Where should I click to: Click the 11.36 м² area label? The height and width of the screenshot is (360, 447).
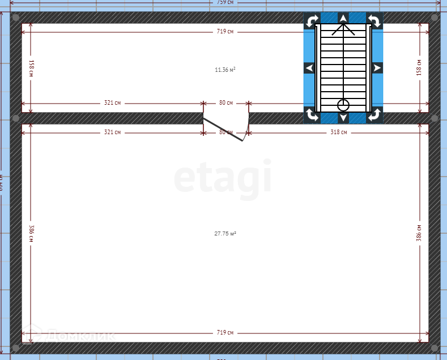pos(225,70)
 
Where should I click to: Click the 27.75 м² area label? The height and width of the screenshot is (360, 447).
pos(225,233)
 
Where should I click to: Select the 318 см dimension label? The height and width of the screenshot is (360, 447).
pos(339,132)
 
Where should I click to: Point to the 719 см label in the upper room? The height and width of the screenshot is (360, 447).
pos(225,32)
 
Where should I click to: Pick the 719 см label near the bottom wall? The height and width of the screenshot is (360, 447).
pos(225,332)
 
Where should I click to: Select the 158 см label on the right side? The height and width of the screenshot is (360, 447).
pos(419,68)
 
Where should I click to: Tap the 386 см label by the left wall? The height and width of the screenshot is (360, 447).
pos(31,233)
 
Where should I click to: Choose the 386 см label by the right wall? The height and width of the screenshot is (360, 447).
pos(419,233)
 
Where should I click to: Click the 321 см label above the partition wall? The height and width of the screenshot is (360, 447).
pos(112,103)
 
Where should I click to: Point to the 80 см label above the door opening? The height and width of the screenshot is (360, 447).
pos(225,103)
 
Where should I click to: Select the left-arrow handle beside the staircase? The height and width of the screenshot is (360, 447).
pos(309,68)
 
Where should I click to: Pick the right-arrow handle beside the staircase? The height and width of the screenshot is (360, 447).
pos(377,68)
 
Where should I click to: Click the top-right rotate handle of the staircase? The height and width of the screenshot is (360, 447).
pos(374,21)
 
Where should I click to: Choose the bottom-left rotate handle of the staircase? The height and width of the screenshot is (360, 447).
pos(312,115)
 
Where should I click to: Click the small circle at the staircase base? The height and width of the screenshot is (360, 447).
pos(343,105)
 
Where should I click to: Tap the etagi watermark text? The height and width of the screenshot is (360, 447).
pos(223,179)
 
